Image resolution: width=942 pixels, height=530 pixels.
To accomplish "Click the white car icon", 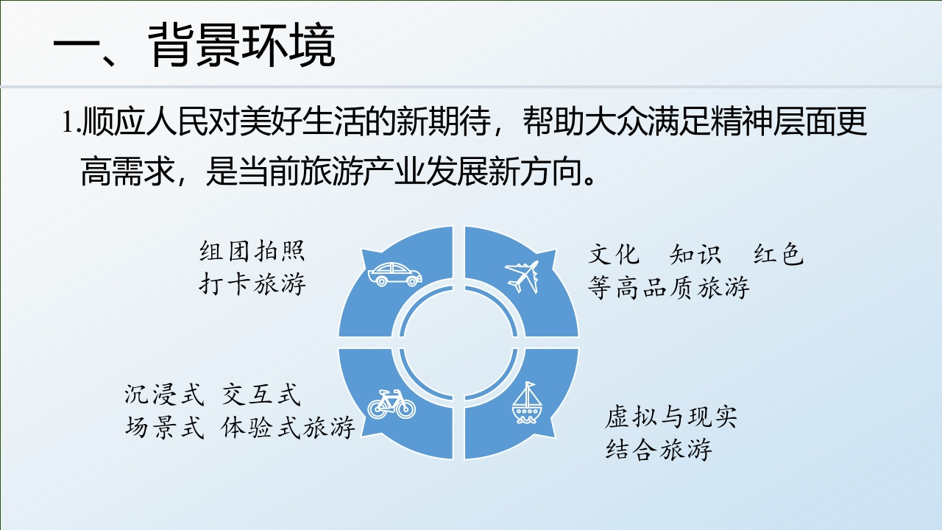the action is tap(395, 275).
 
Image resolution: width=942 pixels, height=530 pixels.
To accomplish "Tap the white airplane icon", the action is tap(522, 276).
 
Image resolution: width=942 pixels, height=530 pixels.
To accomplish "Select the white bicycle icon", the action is tap(392, 404).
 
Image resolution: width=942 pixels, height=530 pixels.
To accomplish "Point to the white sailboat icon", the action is tap(526, 403).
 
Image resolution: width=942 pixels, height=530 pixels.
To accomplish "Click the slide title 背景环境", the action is tap(241, 45).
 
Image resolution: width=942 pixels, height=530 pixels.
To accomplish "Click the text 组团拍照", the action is tap(252, 251).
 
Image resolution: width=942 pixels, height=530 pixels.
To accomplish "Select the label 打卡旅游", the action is tap(252, 283).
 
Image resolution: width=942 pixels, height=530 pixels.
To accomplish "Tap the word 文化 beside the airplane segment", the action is tap(614, 255).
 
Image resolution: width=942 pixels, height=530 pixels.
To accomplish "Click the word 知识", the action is tap(695, 255).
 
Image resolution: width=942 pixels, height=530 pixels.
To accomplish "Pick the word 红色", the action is tap(779, 255).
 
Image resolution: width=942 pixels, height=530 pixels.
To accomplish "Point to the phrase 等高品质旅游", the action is tap(668, 288).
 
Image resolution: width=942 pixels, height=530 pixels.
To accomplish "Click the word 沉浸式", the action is tap(164, 395).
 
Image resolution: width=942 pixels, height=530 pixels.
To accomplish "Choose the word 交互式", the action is tap(261, 395).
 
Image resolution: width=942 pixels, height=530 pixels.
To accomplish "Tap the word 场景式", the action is tap(164, 428).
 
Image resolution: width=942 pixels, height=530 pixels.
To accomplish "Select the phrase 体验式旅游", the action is tap(288, 428).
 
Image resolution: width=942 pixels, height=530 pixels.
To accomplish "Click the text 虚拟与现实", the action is tap(671, 417).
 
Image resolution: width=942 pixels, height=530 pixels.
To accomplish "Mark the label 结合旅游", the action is tap(659, 449).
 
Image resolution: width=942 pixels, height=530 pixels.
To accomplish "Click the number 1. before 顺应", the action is tap(71, 121).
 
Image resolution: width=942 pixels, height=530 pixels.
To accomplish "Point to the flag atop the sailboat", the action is tap(531, 386).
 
